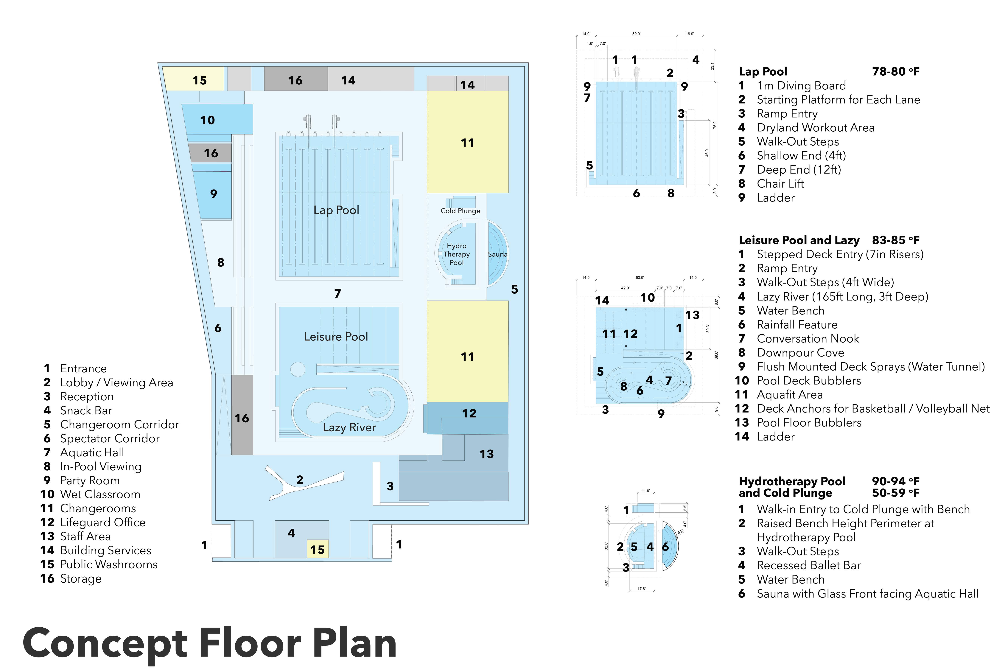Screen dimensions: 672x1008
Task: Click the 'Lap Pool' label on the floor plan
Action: click(336, 210)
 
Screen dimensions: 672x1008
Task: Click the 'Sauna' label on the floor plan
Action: click(497, 254)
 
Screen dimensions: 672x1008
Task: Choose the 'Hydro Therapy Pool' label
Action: click(456, 254)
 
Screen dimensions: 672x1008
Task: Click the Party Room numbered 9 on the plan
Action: click(213, 194)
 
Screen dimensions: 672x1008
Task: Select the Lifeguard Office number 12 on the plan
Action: click(469, 414)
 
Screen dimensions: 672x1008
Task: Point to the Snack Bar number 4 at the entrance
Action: click(291, 533)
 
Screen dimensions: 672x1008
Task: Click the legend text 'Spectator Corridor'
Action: click(110, 438)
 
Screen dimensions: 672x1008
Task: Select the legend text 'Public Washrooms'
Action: click(109, 564)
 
